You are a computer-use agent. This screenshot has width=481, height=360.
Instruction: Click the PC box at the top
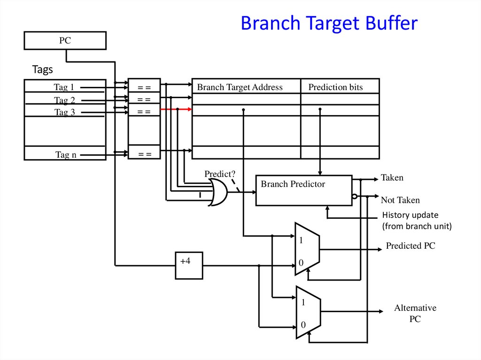point(65,41)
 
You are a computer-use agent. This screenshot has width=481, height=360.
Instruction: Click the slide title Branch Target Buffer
point(329,23)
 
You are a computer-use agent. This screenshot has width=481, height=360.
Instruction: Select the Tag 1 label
point(64,87)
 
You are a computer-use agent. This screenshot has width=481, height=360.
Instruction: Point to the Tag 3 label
point(64,112)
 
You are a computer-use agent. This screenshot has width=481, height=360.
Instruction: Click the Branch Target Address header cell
point(240,87)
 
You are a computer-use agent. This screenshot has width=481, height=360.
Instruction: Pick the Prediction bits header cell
point(335,87)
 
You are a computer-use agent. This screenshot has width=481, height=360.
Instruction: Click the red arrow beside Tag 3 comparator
point(176,109)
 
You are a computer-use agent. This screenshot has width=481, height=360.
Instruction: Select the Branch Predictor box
point(303,190)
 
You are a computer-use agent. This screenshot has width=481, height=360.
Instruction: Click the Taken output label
point(392,178)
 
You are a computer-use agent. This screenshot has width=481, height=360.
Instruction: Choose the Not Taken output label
point(400,200)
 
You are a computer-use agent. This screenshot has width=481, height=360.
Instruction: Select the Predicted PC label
point(410,245)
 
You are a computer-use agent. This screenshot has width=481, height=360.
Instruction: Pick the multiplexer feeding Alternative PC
point(308,312)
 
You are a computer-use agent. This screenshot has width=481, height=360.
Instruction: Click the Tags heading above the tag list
point(42,70)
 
